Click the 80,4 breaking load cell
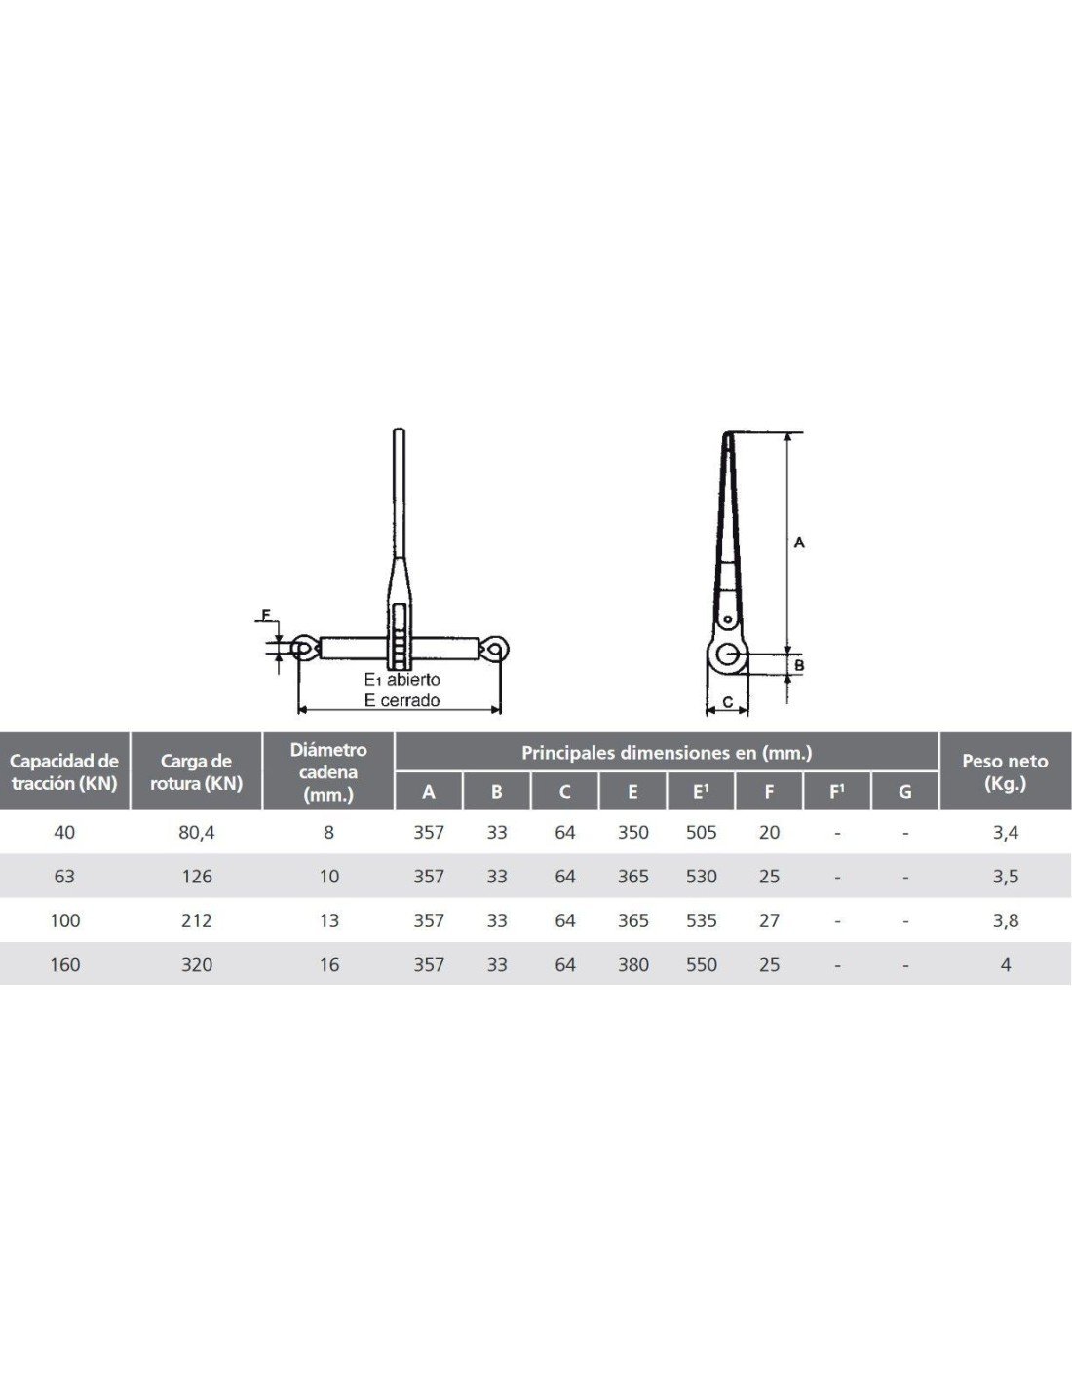point(197,833)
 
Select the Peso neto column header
point(1005,771)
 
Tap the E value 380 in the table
point(632,964)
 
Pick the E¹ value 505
point(701,833)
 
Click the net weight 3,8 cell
point(1005,920)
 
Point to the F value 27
point(769,920)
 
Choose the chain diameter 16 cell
point(328,964)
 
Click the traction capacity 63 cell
point(64,877)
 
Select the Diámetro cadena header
point(328,771)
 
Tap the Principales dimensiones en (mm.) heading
point(667,753)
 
